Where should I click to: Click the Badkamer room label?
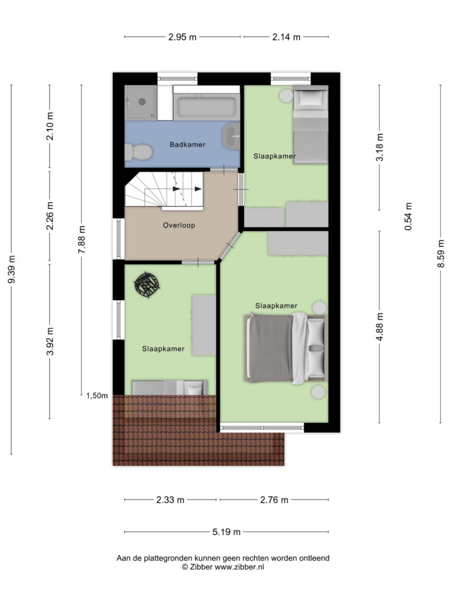tap(188, 145)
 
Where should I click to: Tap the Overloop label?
tap(179, 226)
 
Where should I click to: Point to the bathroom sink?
tap(231, 136)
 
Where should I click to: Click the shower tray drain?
tap(142, 102)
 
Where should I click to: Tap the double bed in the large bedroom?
tap(285, 348)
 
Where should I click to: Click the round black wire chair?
tap(147, 284)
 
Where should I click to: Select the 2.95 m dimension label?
tap(182, 37)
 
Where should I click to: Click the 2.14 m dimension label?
tap(287, 37)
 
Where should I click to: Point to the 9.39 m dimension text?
tap(12, 269)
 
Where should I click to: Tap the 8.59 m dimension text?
tap(441, 253)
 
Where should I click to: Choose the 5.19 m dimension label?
tap(227, 532)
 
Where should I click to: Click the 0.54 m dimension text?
tap(408, 217)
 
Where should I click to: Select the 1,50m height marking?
tap(97, 396)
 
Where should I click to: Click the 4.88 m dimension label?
tap(380, 326)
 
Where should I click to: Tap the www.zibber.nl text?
tap(239, 567)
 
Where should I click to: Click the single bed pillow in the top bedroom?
tap(311, 97)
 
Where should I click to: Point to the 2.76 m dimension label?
tap(274, 500)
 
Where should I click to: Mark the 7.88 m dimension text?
tap(81, 240)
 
